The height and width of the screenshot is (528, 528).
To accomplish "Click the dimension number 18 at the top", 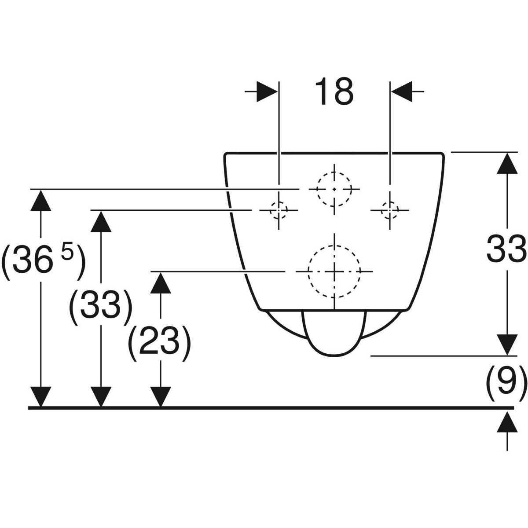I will pos(335,92).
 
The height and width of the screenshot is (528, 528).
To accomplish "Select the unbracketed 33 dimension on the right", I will pos(506,248).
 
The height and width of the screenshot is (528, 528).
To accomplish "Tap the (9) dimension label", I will pos(506,380).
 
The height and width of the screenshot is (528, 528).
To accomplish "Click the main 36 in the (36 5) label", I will pos(33,263).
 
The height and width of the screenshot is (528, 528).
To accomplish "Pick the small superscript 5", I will pos(67,255).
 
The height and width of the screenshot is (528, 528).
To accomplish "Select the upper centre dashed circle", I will pos(334,189).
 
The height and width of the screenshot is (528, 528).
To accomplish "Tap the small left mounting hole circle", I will pos(279,210).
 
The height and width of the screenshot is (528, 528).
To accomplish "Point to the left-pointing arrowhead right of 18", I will pos(401,92).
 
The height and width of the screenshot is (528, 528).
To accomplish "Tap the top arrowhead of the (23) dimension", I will pos(161,282).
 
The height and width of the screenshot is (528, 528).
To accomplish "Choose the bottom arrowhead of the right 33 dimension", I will pos(507,345).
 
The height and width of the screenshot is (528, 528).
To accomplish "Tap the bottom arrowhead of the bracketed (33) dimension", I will pos(101,397).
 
